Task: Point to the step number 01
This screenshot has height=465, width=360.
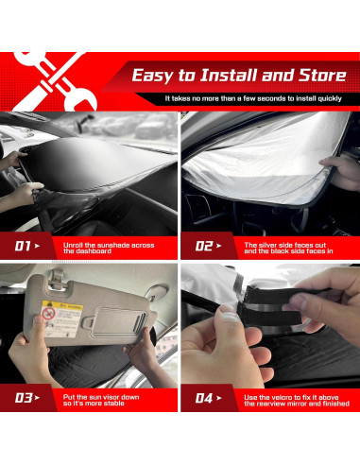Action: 23,247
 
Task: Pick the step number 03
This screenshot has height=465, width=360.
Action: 23,397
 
